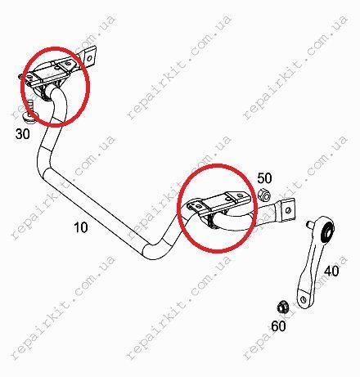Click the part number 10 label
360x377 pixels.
click(x=81, y=227)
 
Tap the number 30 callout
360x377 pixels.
click(x=23, y=134)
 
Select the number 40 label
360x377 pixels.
click(x=331, y=271)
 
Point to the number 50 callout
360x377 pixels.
click(x=264, y=178)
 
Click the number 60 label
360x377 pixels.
click(x=278, y=325)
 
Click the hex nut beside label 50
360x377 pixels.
click(x=264, y=195)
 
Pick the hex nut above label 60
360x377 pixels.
click(x=281, y=307)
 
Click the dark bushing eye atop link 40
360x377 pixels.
click(x=327, y=231)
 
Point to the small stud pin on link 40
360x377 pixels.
click(x=310, y=224)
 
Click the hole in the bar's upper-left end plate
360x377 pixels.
click(x=89, y=58)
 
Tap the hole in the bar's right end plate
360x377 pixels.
click(x=289, y=210)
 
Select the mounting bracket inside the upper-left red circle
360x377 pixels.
click(x=51, y=73)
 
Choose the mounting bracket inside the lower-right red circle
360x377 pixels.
click(x=218, y=204)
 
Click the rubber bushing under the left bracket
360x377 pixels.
click(x=44, y=92)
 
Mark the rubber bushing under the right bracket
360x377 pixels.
click(x=212, y=220)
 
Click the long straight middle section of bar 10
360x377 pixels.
click(x=96, y=210)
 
